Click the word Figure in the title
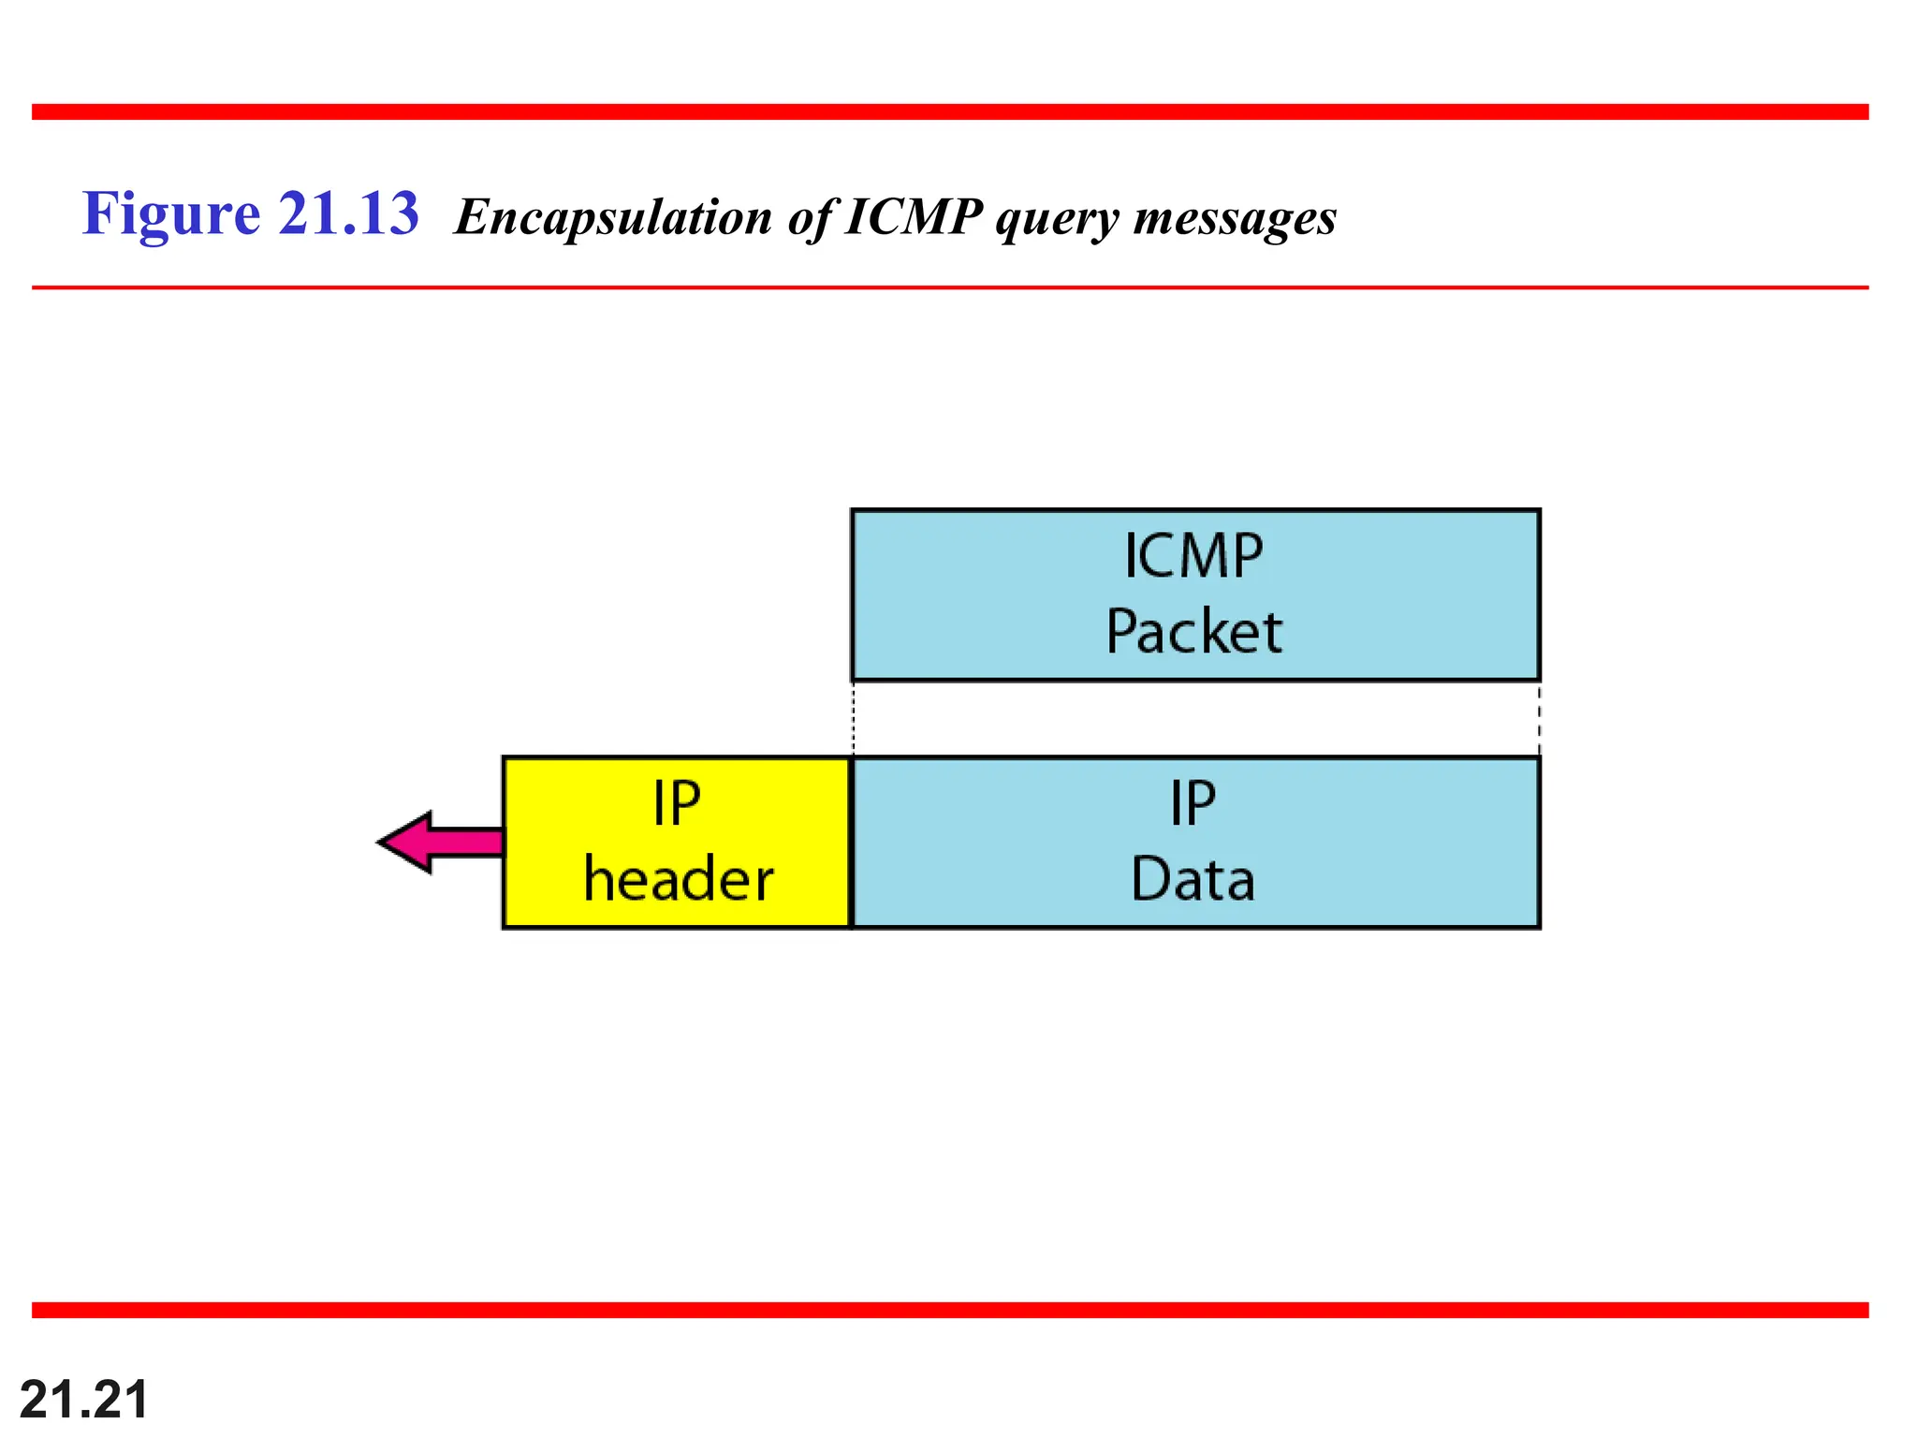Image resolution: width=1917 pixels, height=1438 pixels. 170,214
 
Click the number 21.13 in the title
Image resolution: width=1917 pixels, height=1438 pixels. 348,213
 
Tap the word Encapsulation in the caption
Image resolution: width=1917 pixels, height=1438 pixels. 613,218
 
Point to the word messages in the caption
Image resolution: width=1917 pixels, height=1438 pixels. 1235,218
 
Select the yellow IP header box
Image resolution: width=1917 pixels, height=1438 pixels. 677,842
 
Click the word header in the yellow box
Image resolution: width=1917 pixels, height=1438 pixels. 678,879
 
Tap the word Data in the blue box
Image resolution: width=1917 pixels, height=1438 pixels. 1193,879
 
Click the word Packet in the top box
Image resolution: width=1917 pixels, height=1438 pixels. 1193,631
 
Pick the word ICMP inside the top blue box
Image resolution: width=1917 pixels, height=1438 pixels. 1193,556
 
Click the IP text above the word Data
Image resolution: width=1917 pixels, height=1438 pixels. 1193,803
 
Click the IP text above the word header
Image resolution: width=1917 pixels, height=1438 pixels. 676,803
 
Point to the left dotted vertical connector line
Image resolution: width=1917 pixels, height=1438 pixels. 853,718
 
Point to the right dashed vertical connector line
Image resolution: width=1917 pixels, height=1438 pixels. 1539,718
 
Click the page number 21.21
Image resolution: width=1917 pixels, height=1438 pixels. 83,1400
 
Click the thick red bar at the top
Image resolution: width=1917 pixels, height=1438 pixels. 949,112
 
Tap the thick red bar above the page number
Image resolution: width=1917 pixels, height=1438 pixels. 949,1310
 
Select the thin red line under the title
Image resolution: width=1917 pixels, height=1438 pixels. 949,287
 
